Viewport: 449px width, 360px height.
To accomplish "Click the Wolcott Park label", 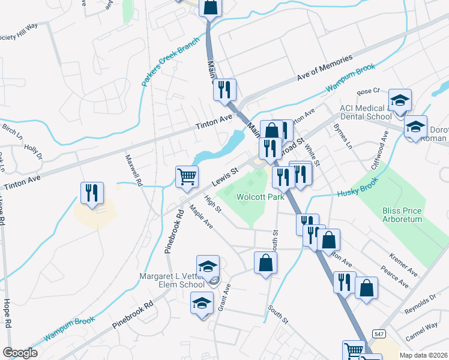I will [x=260, y=197].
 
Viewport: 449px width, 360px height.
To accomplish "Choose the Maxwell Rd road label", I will [x=134, y=169].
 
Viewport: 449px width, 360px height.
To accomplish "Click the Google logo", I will [x=20, y=353].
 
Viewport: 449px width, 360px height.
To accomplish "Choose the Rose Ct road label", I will [x=369, y=91].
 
